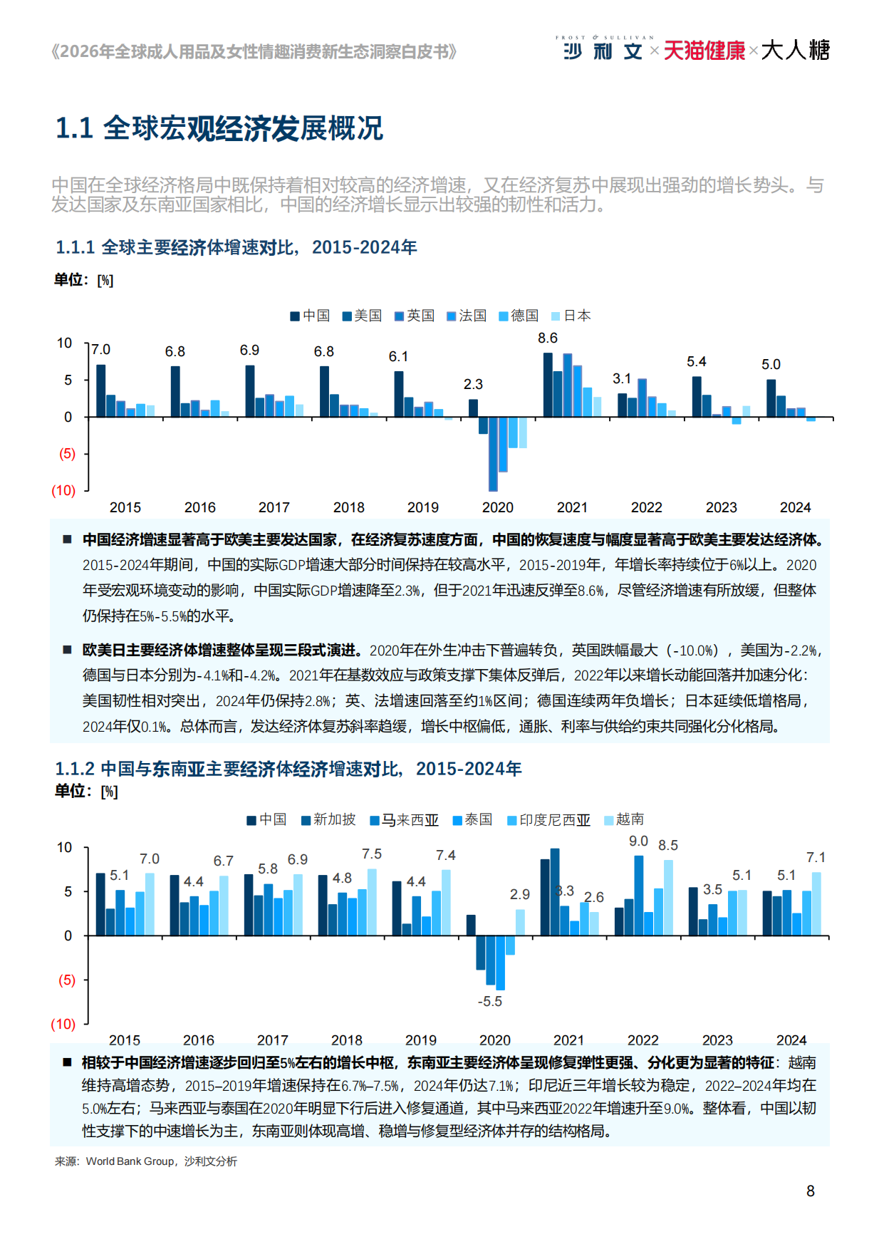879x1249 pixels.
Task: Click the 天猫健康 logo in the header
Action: (x=704, y=51)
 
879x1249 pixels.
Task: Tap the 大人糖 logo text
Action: (x=795, y=51)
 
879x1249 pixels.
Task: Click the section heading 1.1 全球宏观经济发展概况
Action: (x=219, y=128)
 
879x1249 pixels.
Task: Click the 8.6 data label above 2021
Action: (x=547, y=338)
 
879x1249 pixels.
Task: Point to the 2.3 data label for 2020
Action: (x=473, y=384)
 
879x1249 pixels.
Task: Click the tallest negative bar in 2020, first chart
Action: (x=493, y=453)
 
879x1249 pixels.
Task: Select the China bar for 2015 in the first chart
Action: (x=100, y=390)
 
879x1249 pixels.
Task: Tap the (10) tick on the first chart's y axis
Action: (x=63, y=490)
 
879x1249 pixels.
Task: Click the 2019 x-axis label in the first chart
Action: (x=422, y=507)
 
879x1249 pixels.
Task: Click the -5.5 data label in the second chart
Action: (x=489, y=1001)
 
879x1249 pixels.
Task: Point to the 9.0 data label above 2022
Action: (x=638, y=841)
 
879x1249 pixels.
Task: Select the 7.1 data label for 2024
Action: (x=816, y=857)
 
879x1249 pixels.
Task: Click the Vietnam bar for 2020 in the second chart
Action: (x=520, y=922)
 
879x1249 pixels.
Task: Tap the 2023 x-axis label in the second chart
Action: (x=717, y=1040)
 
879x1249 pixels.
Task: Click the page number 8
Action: (x=810, y=1191)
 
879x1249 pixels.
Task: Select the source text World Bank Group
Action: (x=130, y=1161)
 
